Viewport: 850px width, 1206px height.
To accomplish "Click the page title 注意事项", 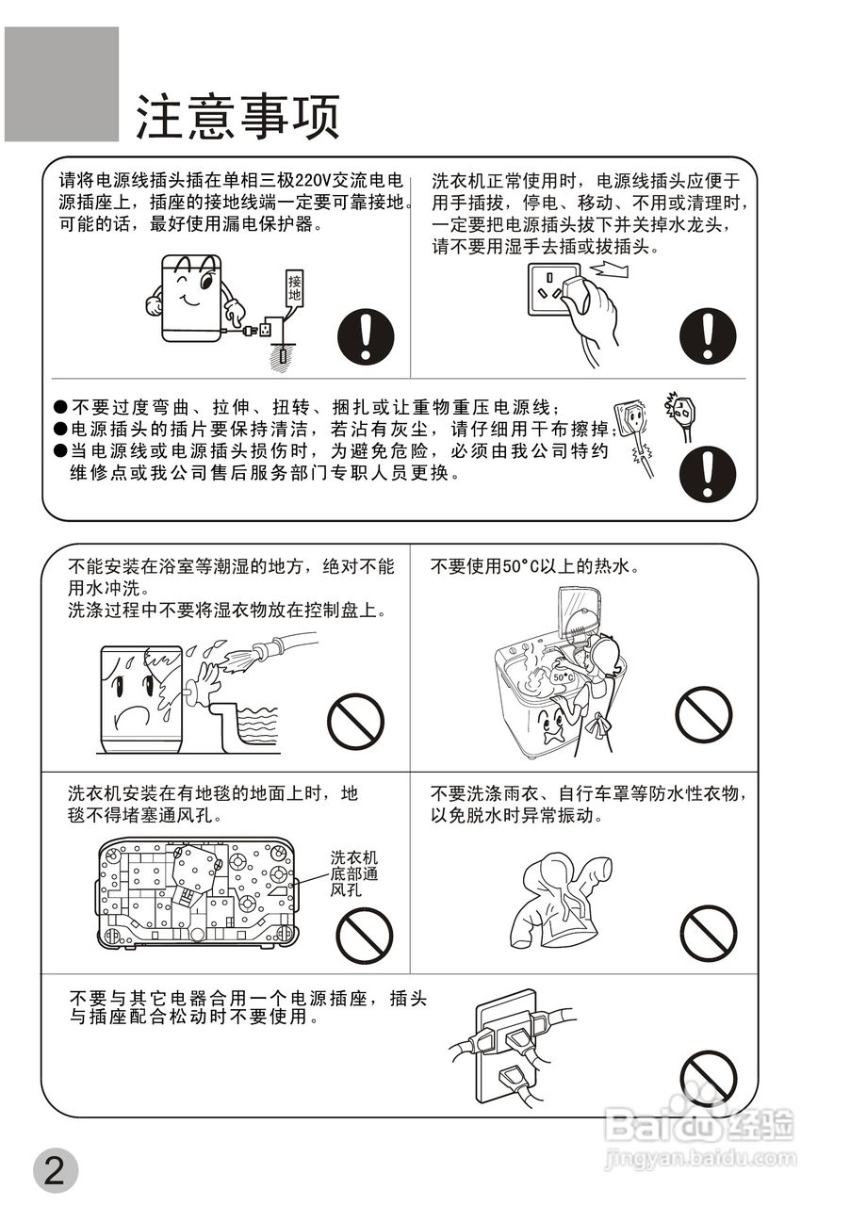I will [237, 117].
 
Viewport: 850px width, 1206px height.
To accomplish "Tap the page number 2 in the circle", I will [54, 1171].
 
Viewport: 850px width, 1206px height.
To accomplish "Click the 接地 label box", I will [295, 287].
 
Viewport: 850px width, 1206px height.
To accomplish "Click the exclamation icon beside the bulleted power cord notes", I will [708, 473].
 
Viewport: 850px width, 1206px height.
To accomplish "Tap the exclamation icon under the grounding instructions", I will [366, 336].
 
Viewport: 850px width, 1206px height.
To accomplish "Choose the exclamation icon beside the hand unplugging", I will [708, 336].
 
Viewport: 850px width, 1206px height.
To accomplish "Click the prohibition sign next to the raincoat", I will [708, 932].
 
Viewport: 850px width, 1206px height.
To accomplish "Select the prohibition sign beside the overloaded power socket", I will [708, 1077].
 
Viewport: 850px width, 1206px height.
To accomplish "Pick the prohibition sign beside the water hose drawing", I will [355, 721].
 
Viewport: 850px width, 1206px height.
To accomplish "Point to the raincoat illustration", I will [556, 902].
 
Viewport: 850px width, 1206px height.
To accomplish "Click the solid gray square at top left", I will [61, 84].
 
